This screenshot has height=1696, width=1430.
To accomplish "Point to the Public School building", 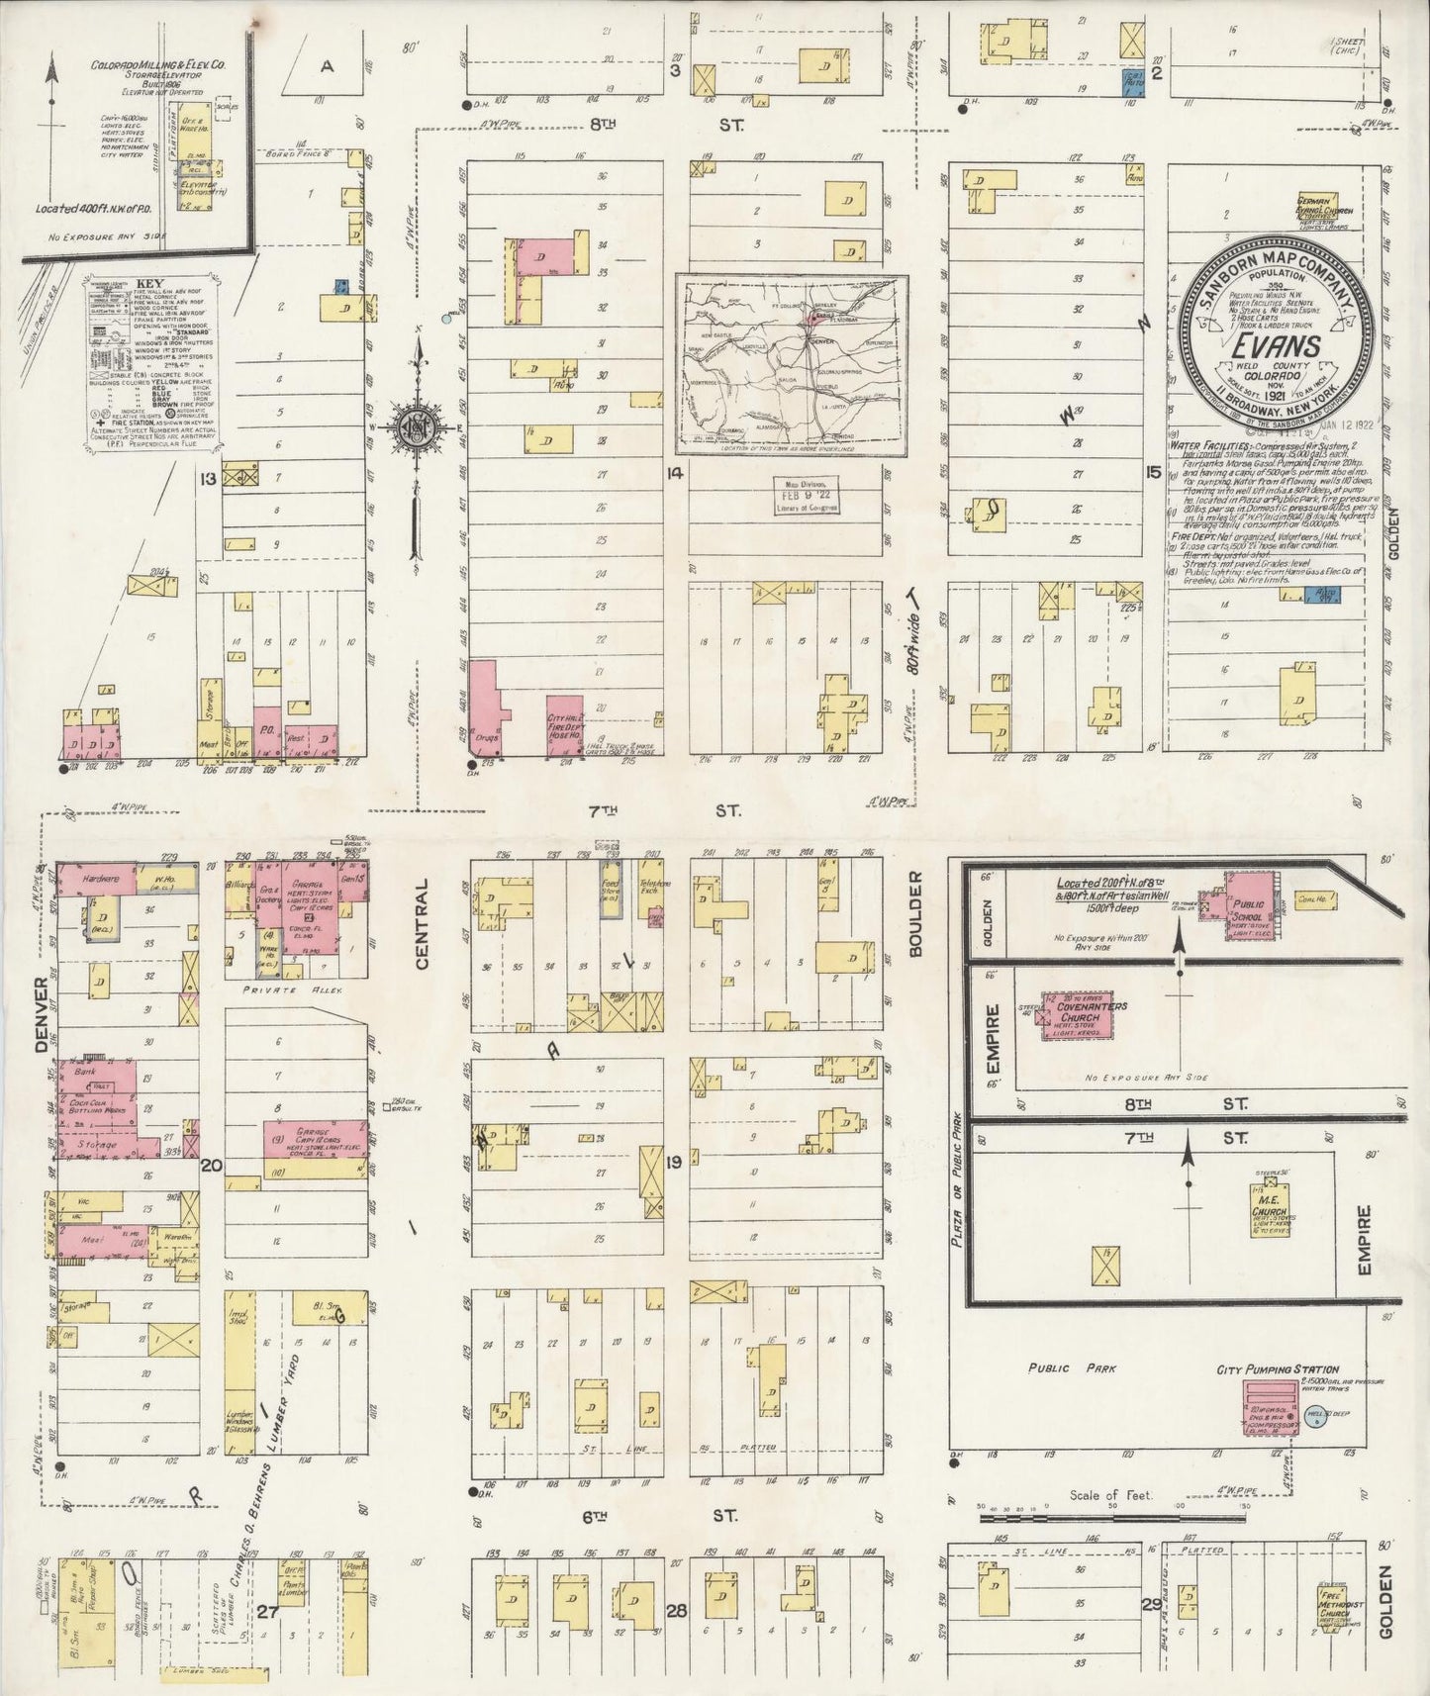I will pos(1247,897).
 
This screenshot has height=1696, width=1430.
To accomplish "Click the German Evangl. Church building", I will pos(1324,211).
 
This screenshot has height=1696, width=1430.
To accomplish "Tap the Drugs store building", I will pos(485,710).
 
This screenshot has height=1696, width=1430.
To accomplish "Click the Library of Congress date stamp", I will pos(807,495).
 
